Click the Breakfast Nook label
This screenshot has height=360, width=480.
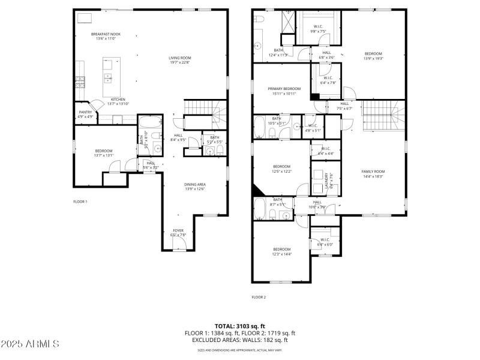click(106, 34)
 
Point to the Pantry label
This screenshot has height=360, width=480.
click(86, 112)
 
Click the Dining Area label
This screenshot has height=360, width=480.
click(195, 184)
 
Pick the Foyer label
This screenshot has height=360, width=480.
click(178, 230)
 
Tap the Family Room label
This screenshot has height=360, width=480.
click(372, 172)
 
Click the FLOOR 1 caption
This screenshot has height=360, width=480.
click(80, 202)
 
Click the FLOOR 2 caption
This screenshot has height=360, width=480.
click(259, 297)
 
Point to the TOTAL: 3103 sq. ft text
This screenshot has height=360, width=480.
click(239, 326)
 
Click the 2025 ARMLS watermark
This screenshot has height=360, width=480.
click(30, 344)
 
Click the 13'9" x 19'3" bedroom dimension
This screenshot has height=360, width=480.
click(373, 58)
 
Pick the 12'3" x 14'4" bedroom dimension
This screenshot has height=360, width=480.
click(282, 254)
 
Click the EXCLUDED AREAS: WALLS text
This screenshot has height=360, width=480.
click(239, 339)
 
